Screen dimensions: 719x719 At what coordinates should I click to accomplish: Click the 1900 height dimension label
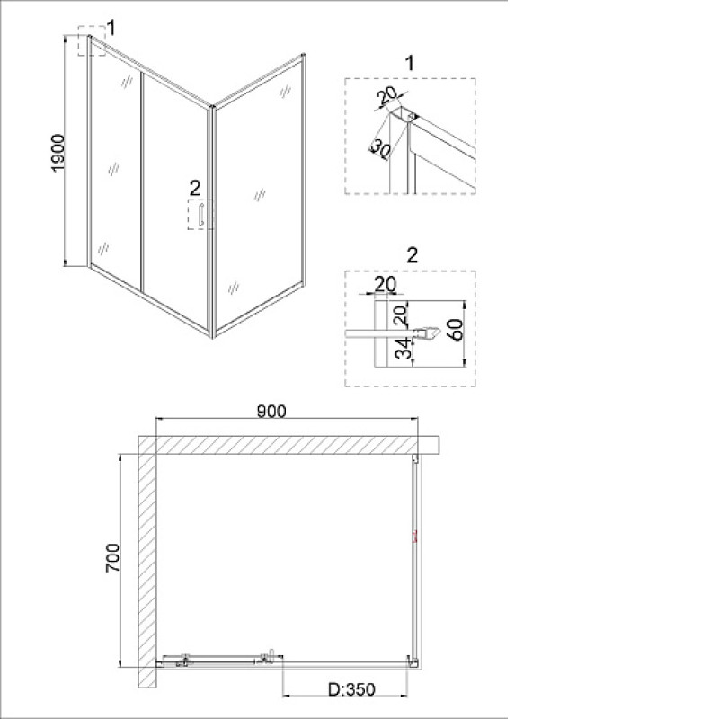click(58, 153)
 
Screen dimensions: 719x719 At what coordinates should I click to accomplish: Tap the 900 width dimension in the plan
click(271, 412)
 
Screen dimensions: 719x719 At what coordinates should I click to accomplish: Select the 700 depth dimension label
click(113, 557)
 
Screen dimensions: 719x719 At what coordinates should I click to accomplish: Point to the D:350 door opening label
click(351, 689)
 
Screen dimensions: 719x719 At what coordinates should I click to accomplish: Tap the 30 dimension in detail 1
click(380, 146)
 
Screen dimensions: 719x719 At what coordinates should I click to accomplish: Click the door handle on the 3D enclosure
click(200, 215)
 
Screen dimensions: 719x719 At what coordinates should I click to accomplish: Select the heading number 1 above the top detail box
click(410, 63)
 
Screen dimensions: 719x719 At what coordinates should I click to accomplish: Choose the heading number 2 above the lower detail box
click(413, 255)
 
